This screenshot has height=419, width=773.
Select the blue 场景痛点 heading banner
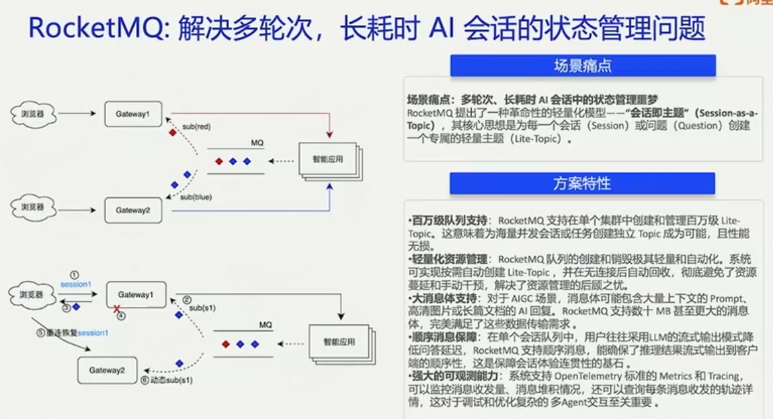[x=582, y=66]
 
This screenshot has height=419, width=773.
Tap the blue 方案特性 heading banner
[x=582, y=183]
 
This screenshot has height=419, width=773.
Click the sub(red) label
[x=196, y=126]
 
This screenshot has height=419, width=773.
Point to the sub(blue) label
[x=196, y=197]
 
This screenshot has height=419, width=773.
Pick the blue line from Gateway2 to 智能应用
[x=249, y=211]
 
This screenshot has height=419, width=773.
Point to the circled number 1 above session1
[x=75, y=275]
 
